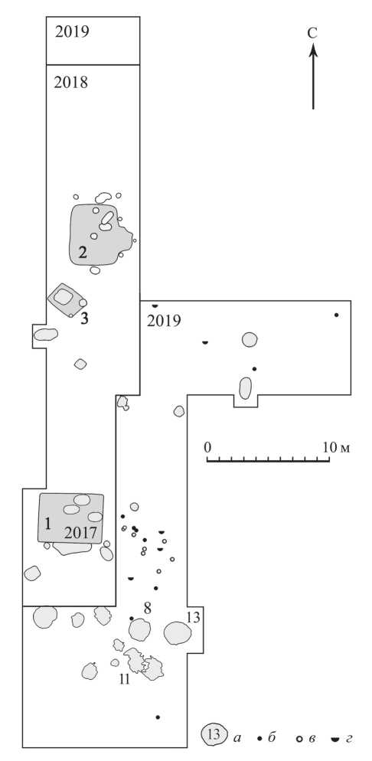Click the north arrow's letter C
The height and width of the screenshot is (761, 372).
[x=312, y=33]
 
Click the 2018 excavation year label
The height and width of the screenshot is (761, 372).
[x=71, y=83]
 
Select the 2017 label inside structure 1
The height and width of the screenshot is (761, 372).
[x=81, y=534]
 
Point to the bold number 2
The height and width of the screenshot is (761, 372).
[x=83, y=253]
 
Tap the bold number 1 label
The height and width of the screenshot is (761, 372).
[x=47, y=524]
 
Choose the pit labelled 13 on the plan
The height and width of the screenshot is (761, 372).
[x=177, y=633]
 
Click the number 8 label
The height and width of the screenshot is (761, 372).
[x=148, y=607]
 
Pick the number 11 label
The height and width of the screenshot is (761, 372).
[x=125, y=680]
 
